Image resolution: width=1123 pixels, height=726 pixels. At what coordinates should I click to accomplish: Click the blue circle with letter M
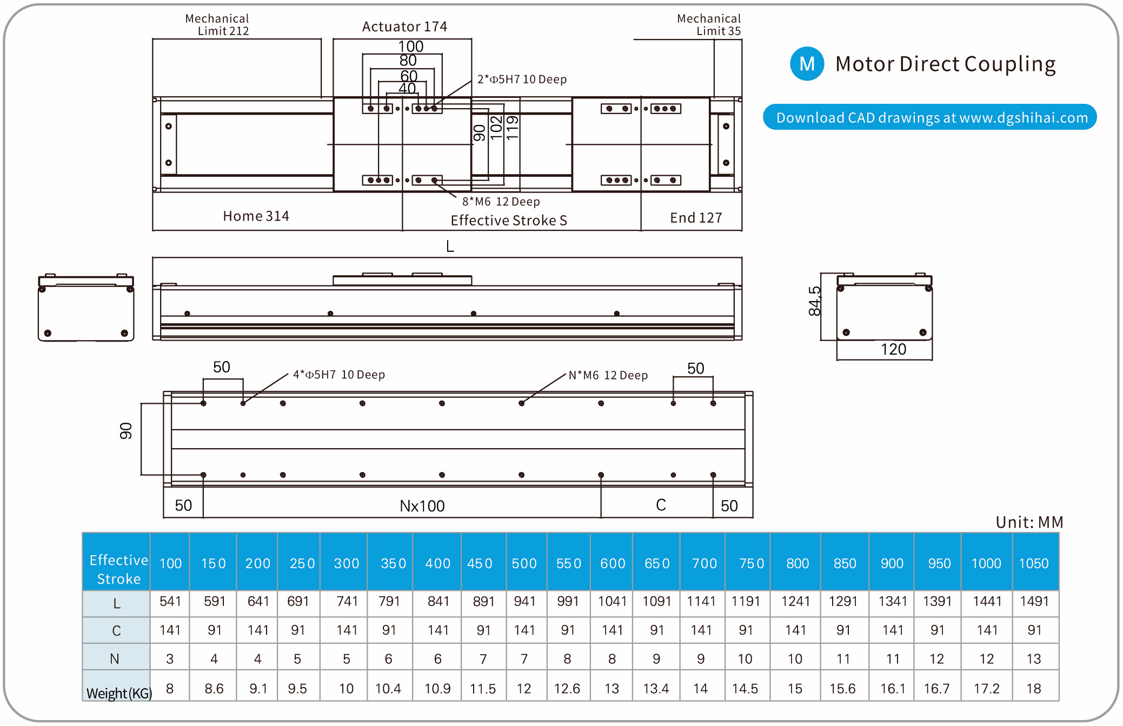[807, 64]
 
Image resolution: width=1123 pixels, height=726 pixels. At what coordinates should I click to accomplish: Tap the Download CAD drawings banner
[929, 117]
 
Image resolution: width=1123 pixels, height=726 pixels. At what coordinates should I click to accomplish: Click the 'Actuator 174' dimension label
[404, 26]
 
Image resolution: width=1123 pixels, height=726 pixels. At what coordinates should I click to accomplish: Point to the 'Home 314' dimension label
[256, 216]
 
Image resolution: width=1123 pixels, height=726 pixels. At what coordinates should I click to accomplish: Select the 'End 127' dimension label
[696, 218]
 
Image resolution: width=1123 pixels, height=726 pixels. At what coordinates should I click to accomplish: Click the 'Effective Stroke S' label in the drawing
[509, 221]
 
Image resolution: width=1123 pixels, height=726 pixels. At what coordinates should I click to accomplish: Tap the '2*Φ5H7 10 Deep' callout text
[522, 79]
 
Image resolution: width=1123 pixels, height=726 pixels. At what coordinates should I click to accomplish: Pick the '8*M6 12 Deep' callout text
[501, 202]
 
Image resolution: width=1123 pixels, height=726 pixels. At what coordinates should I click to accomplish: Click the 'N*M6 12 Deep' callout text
[608, 375]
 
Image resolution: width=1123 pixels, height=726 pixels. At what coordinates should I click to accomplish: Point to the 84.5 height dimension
[814, 301]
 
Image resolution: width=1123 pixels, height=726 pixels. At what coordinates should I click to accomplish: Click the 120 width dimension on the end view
[893, 349]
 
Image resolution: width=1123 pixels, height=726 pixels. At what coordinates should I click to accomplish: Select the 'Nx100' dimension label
[422, 506]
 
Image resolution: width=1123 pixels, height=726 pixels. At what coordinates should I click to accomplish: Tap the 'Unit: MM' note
[1029, 522]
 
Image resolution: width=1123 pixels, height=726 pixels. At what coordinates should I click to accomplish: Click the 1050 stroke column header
[1033, 563]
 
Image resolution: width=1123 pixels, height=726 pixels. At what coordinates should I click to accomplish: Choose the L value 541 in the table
[170, 601]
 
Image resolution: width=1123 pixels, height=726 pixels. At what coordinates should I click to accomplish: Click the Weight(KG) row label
[119, 693]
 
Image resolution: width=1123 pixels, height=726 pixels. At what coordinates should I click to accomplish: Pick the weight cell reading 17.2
[986, 689]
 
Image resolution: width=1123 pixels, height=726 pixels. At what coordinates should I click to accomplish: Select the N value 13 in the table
[1033, 659]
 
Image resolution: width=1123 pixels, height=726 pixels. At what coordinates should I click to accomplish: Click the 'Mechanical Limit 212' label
[217, 25]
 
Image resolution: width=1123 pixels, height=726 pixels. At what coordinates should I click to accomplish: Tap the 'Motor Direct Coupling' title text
[945, 64]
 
